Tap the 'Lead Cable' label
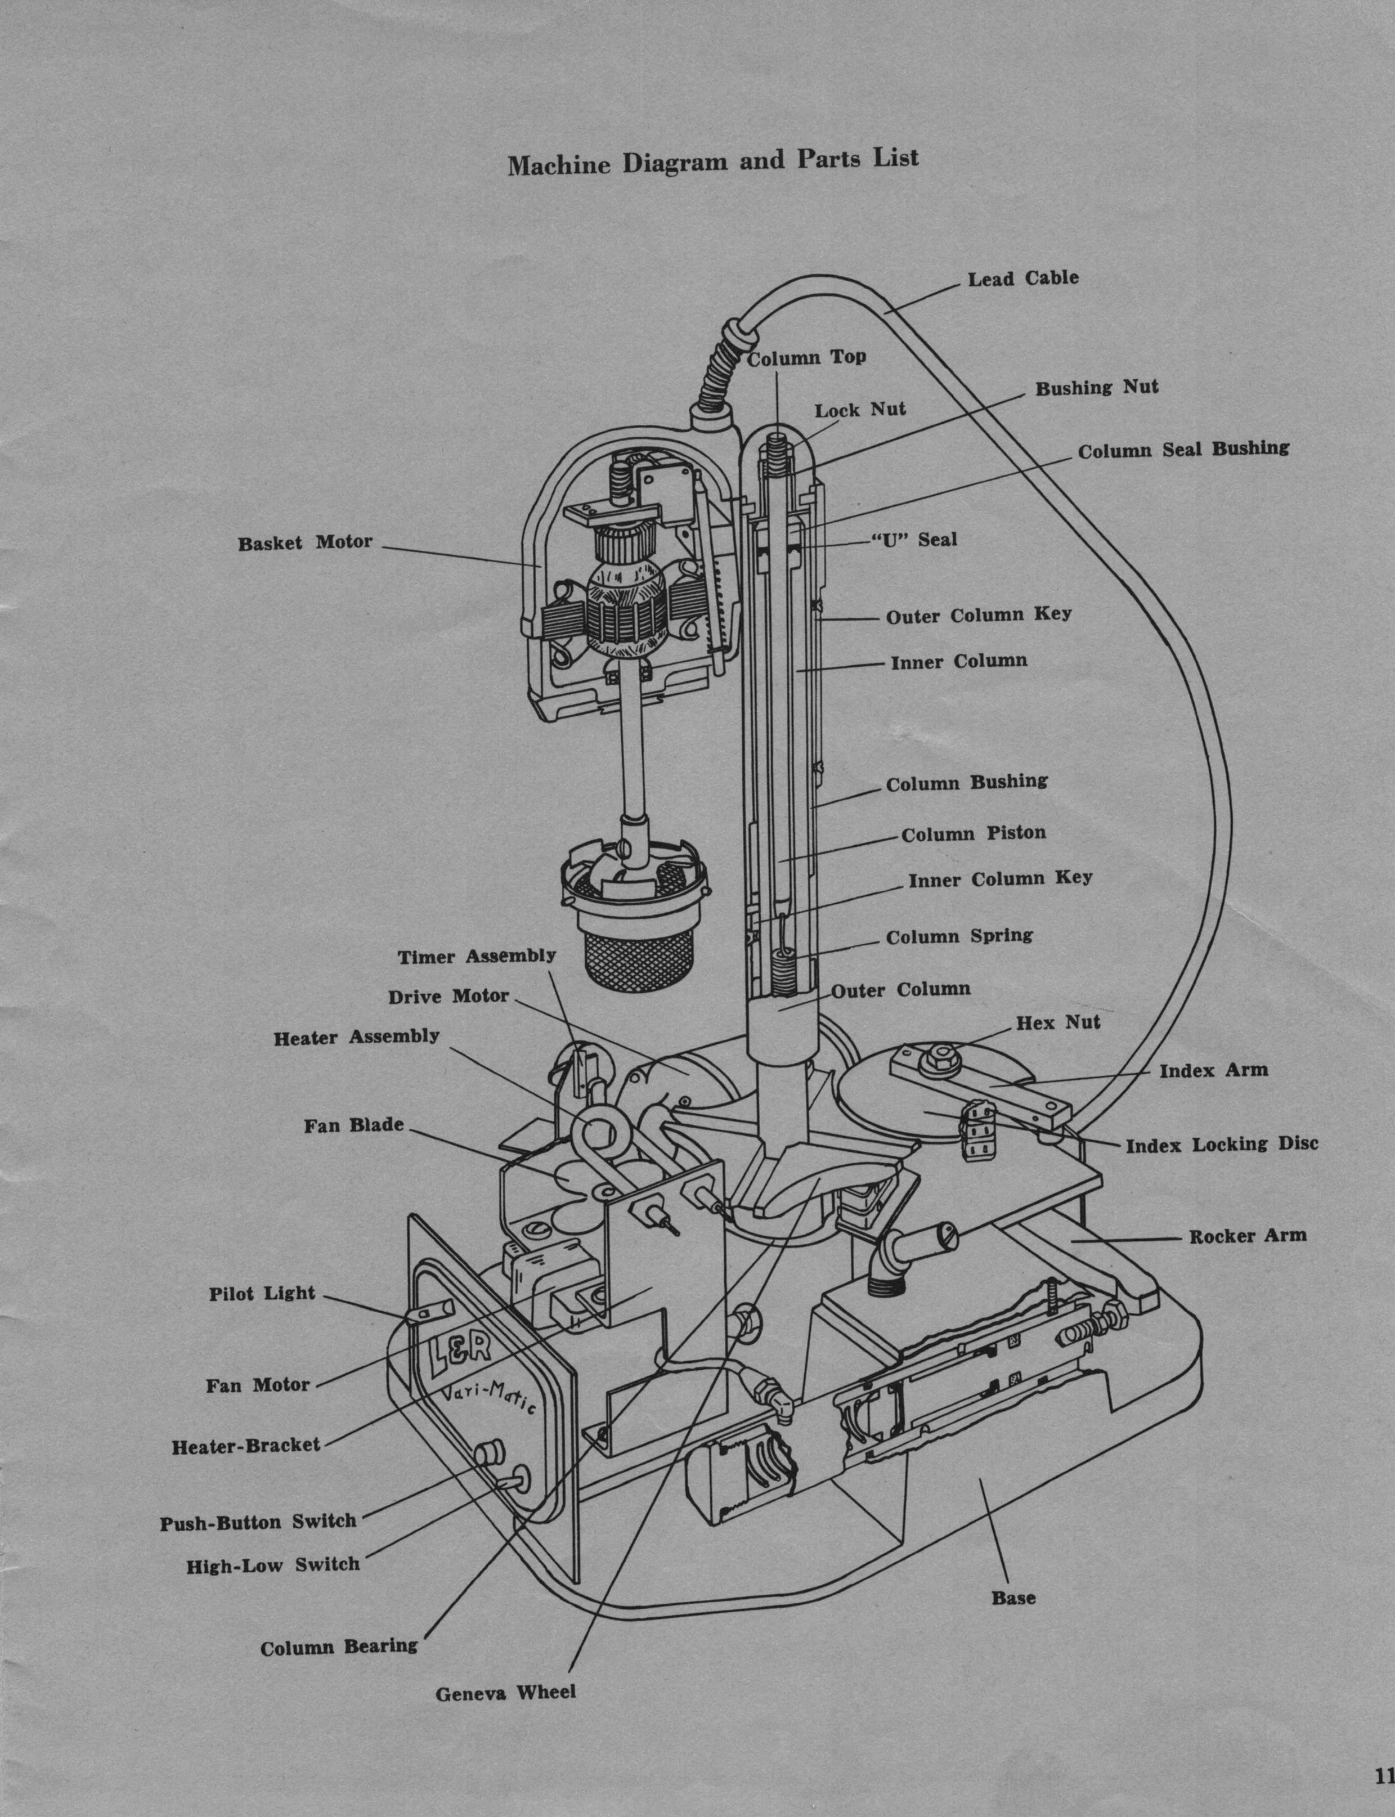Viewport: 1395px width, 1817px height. click(x=1023, y=278)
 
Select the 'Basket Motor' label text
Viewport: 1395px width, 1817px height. click(x=305, y=543)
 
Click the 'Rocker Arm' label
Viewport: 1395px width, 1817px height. click(x=1247, y=1236)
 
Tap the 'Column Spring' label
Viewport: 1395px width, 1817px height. click(x=959, y=936)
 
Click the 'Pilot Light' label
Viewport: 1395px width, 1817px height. click(x=262, y=1293)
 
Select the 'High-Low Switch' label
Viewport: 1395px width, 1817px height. click(x=272, y=1565)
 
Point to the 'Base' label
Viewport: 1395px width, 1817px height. click(x=1013, y=1597)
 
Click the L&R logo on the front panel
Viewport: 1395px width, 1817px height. click(x=461, y=1353)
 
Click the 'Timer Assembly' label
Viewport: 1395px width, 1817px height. click(x=477, y=957)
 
